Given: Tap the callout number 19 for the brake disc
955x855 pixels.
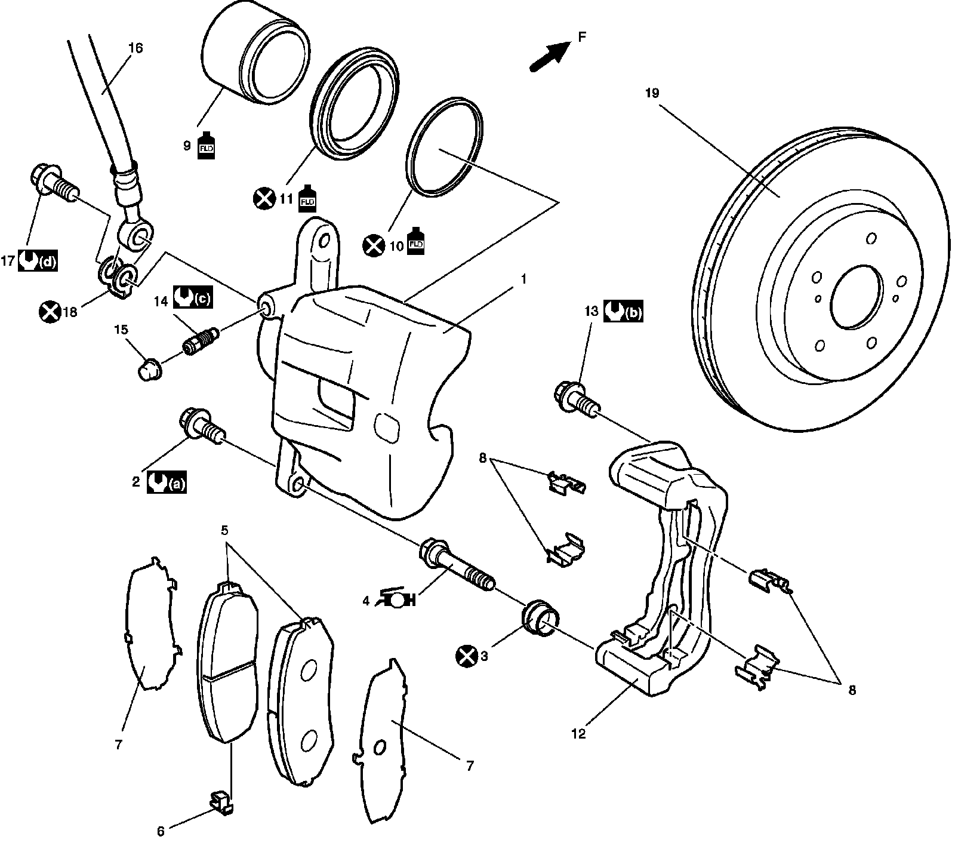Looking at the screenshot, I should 651,93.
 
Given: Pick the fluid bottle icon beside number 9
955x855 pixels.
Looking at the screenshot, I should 207,144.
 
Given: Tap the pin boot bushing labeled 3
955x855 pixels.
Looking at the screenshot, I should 540,617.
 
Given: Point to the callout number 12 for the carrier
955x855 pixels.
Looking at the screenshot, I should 578,734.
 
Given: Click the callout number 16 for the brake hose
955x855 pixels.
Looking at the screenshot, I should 135,48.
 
